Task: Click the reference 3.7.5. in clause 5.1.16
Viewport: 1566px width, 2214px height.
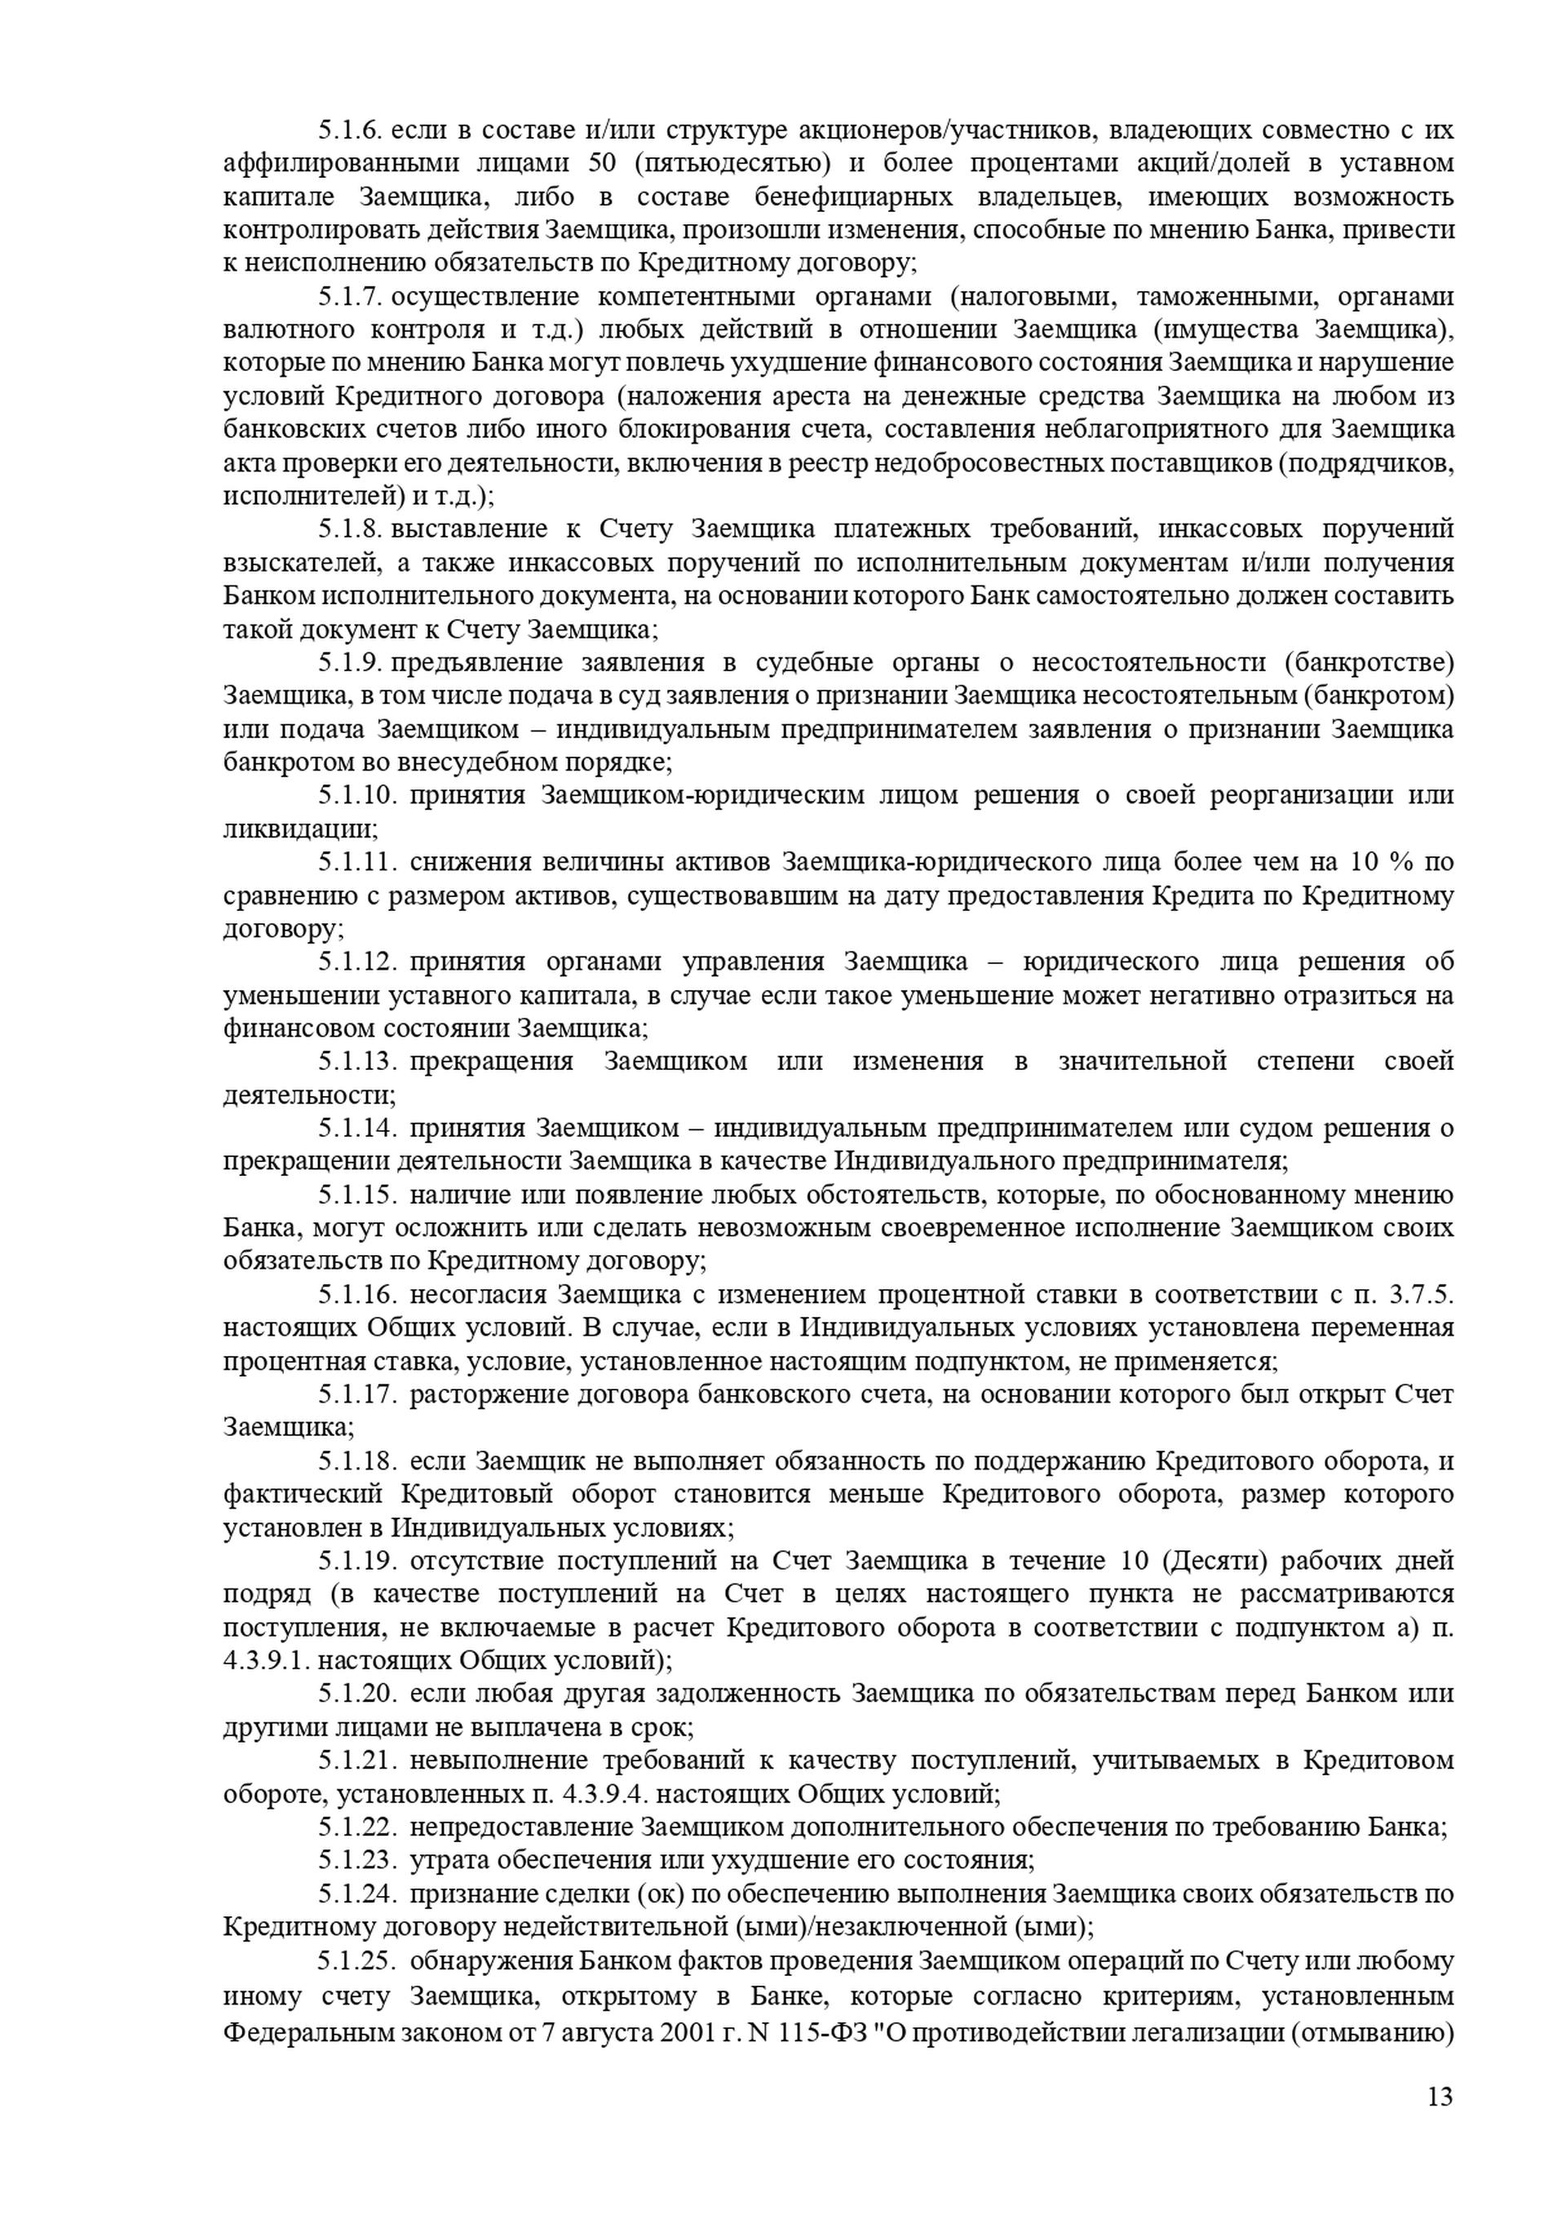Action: tap(1418, 1295)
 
